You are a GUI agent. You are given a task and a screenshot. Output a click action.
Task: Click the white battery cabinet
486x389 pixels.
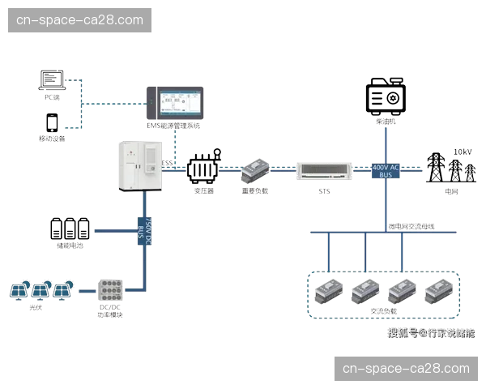coord(139,165)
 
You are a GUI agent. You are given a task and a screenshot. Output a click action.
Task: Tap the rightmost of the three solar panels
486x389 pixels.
coord(65,289)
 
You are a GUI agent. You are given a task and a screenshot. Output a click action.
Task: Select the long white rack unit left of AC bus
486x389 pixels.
coord(323,171)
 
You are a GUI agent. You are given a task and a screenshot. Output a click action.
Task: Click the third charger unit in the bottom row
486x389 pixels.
coord(403,289)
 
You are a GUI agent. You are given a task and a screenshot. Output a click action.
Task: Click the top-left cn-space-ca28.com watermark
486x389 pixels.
coord(80,19)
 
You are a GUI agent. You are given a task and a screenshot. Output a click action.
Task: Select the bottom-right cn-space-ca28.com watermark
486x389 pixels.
coord(405,369)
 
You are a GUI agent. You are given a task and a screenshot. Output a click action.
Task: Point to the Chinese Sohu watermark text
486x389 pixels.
coord(430,332)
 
